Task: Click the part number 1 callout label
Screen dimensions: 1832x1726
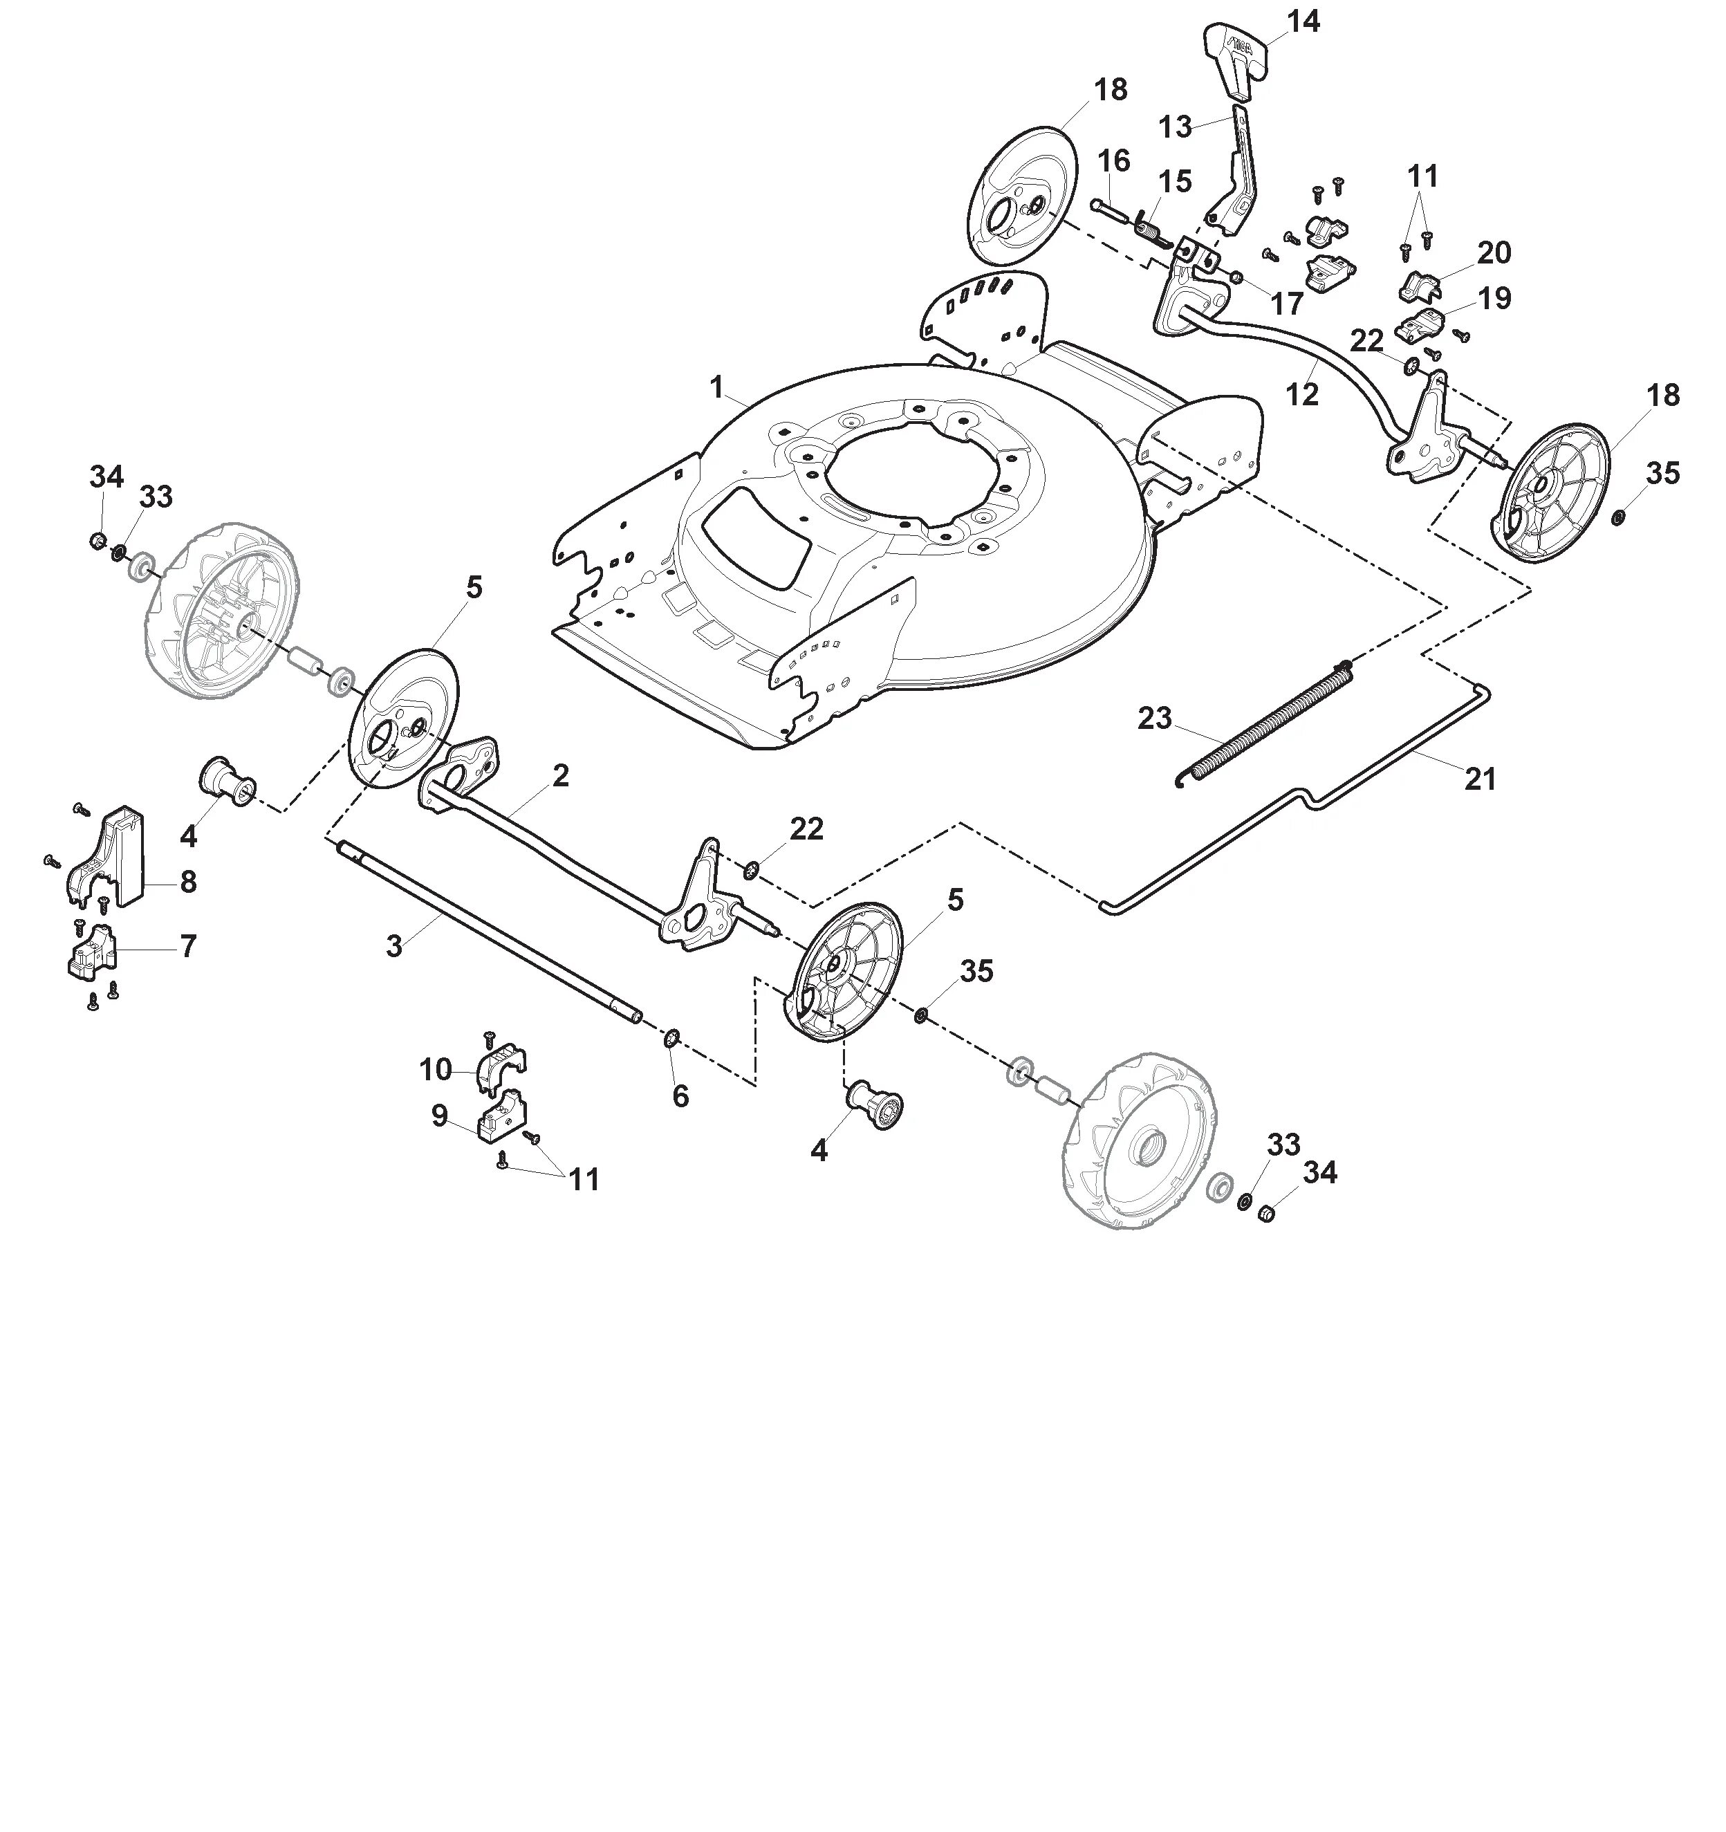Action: click(x=717, y=387)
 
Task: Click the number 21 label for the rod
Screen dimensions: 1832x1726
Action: click(x=1479, y=779)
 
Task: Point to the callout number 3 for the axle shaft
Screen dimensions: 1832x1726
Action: click(x=394, y=945)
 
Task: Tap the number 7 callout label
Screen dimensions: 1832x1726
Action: click(x=188, y=945)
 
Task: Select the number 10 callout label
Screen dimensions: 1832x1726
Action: click(x=435, y=1070)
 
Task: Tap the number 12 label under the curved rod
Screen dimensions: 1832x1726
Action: click(x=1301, y=394)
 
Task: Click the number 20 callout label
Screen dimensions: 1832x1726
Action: click(x=1494, y=252)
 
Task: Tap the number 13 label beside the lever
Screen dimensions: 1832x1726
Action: click(x=1175, y=127)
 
